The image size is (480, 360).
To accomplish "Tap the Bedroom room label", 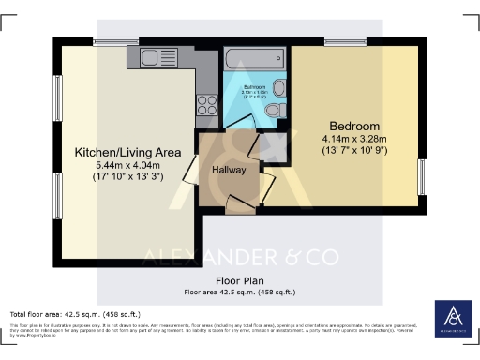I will (354, 127).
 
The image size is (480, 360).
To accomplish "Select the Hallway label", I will (228, 169).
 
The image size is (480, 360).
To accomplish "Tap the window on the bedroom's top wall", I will (338, 40).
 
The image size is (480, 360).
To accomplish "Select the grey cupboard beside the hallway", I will (275, 144).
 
